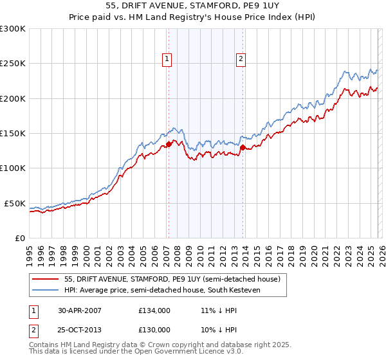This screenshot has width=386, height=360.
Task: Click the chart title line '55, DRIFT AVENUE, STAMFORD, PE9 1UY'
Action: (193, 7)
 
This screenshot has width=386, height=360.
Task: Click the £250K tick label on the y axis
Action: (12, 64)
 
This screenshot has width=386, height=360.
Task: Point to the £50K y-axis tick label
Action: (14, 203)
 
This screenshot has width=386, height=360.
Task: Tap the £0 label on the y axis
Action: (19, 238)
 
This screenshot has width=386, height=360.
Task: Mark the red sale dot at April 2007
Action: (169, 145)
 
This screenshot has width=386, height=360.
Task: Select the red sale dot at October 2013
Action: (243, 147)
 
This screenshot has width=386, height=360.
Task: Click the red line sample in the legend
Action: (46, 280)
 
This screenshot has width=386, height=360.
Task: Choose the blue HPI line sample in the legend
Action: (46, 291)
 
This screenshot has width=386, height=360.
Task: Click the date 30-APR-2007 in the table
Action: (80, 310)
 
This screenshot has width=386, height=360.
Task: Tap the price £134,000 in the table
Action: (154, 310)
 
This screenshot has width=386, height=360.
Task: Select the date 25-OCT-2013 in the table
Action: (80, 329)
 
